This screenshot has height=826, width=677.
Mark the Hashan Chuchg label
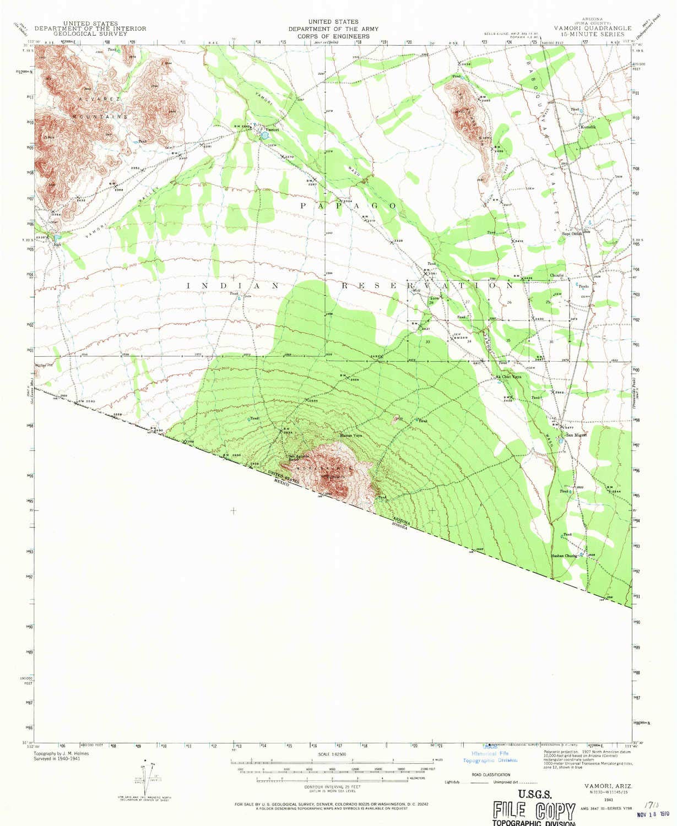tap(565, 556)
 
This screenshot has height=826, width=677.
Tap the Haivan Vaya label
tap(350, 436)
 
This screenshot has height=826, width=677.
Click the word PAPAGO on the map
tap(348, 205)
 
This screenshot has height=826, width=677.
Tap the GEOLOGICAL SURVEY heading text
tap(90, 34)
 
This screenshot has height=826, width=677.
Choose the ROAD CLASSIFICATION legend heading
tap(492, 774)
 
